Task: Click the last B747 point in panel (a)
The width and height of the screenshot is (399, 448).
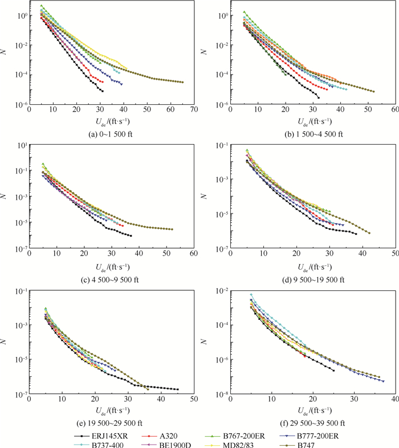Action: [x=182, y=83]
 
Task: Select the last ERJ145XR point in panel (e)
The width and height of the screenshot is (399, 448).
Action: [x=178, y=389]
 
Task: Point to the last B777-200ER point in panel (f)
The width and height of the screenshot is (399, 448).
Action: [x=383, y=381]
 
